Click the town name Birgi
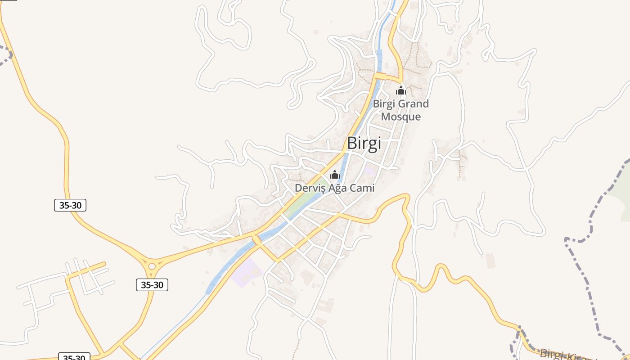[x=364, y=144]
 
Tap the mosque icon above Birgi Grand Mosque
[x=400, y=91]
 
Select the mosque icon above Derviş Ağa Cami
[x=335, y=175]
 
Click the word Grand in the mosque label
[x=414, y=104]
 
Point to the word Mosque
[x=401, y=117]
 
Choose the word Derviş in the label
[x=310, y=188]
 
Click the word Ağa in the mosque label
[x=336, y=188]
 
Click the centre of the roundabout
[x=152, y=266]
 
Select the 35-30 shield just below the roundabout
[x=152, y=285]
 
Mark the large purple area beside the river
[x=246, y=273]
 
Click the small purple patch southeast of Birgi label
[x=370, y=171]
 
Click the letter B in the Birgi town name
[x=351, y=144]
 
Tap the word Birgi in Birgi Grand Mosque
[x=384, y=104]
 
